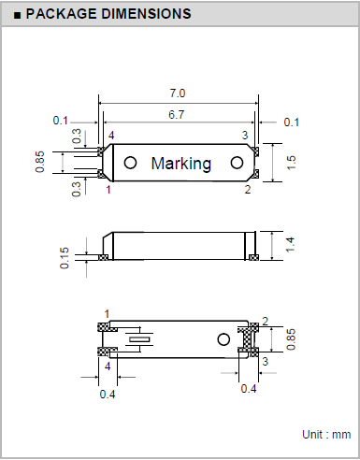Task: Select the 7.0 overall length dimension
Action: pos(178,93)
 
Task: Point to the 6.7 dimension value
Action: pos(178,113)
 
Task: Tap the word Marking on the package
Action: pos(181,163)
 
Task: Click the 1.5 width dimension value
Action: pos(290,163)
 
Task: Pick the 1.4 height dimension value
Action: pos(290,244)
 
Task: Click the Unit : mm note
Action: pos(325,435)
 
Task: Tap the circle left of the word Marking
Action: pos(130,162)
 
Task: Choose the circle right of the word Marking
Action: pos(238,162)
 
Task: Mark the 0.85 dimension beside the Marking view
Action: pos(40,162)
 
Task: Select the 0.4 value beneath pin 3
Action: pos(250,389)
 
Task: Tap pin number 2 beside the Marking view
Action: pos(248,190)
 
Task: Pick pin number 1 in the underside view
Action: pos(108,313)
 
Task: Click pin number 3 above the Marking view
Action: pos(246,136)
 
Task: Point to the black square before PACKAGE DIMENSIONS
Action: pos(18,15)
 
